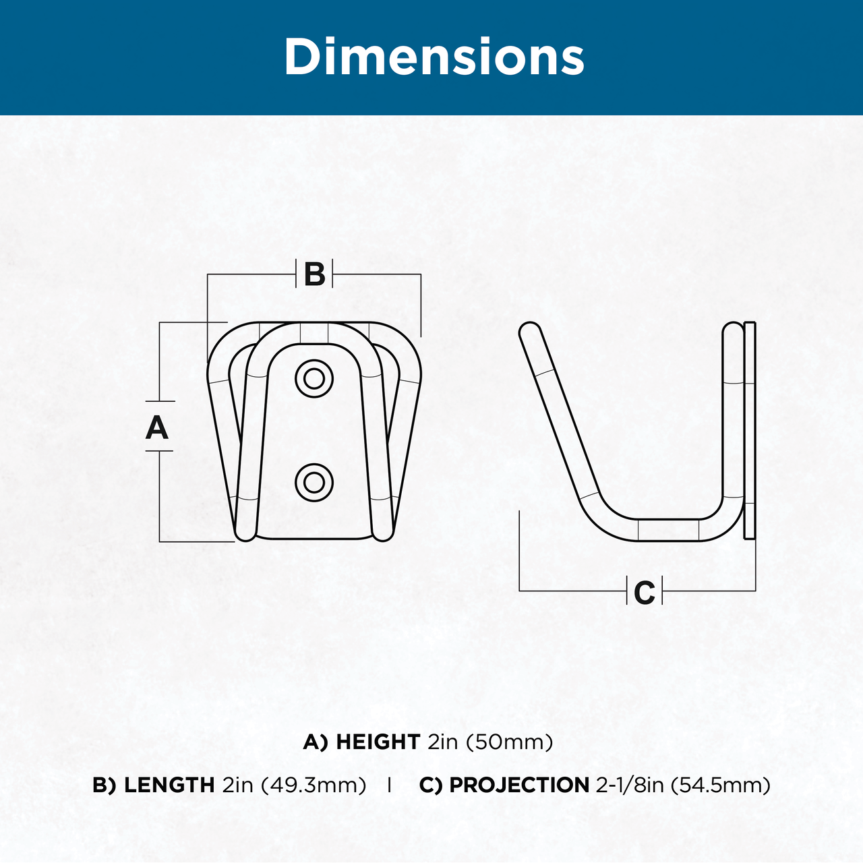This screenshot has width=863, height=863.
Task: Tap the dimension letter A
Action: (156, 427)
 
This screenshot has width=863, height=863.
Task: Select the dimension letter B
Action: (314, 274)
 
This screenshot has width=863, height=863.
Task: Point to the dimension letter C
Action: (645, 593)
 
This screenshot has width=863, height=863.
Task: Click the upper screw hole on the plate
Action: (314, 379)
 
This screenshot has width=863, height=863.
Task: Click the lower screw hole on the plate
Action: (314, 483)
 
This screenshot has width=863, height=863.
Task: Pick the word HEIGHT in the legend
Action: (378, 742)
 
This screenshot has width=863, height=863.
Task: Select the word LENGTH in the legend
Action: (169, 785)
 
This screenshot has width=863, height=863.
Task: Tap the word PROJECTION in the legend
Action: (519, 785)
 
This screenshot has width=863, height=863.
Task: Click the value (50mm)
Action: (510, 742)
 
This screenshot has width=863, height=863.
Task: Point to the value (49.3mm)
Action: (314, 785)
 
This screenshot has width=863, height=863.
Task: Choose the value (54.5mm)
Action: (721, 785)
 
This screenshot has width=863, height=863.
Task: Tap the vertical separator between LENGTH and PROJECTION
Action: (389, 785)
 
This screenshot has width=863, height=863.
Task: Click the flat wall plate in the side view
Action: (749, 430)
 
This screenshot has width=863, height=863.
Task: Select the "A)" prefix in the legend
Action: (316, 742)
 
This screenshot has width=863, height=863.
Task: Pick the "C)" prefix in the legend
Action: (431, 785)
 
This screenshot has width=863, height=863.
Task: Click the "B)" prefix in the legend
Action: (105, 785)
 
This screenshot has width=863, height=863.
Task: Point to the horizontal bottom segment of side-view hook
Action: (668, 530)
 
